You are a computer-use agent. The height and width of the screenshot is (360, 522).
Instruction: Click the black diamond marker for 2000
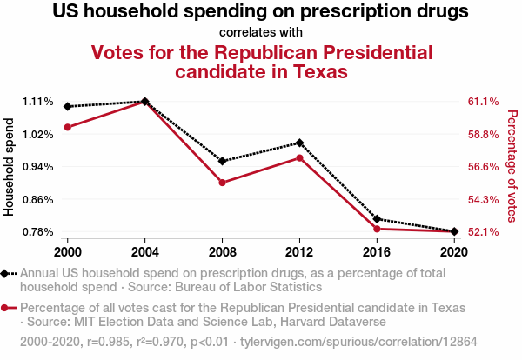pos(67,106)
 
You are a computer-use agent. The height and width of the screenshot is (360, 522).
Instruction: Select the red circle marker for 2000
pos(67,127)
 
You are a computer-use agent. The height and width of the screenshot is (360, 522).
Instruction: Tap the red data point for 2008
pos(222,183)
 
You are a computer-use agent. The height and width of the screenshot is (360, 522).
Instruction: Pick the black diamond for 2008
pos(222,161)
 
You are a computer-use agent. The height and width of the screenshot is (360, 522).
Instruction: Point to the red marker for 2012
pos(299,157)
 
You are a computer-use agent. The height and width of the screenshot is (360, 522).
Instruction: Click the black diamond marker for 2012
pos(299,143)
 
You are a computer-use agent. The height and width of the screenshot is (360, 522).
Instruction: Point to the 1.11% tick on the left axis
pos(34,102)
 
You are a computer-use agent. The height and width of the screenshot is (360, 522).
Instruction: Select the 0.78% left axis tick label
pos(34,232)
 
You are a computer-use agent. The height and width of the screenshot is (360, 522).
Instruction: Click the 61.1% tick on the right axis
pos(483,102)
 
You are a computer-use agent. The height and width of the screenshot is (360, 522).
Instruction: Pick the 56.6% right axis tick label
pos(483,167)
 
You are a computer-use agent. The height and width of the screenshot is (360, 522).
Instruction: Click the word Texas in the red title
pos(315,71)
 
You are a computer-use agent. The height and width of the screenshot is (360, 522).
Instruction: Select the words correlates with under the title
pos(261,32)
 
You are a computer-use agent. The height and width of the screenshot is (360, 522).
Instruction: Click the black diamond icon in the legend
pos(8,273)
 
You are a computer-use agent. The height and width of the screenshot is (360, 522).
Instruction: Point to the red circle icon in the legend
pos(8,308)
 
